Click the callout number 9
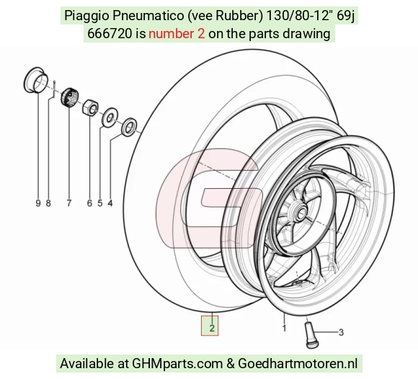click(x=38, y=203)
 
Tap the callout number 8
click(x=48, y=203)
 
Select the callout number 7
click(x=69, y=203)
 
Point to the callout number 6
click(x=89, y=203)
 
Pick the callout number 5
click(x=100, y=203)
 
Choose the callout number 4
click(x=110, y=203)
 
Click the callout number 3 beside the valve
click(x=341, y=332)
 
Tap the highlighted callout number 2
click(x=212, y=328)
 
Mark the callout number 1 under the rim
click(x=284, y=328)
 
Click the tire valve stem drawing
click(x=310, y=335)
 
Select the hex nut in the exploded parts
click(x=90, y=108)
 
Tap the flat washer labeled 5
click(x=110, y=117)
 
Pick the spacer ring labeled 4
click(x=129, y=127)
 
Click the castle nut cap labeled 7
click(x=69, y=97)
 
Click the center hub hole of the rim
click(x=302, y=212)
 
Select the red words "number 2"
click(x=177, y=34)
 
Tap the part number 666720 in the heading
click(x=110, y=34)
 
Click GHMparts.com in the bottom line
click(x=177, y=364)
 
